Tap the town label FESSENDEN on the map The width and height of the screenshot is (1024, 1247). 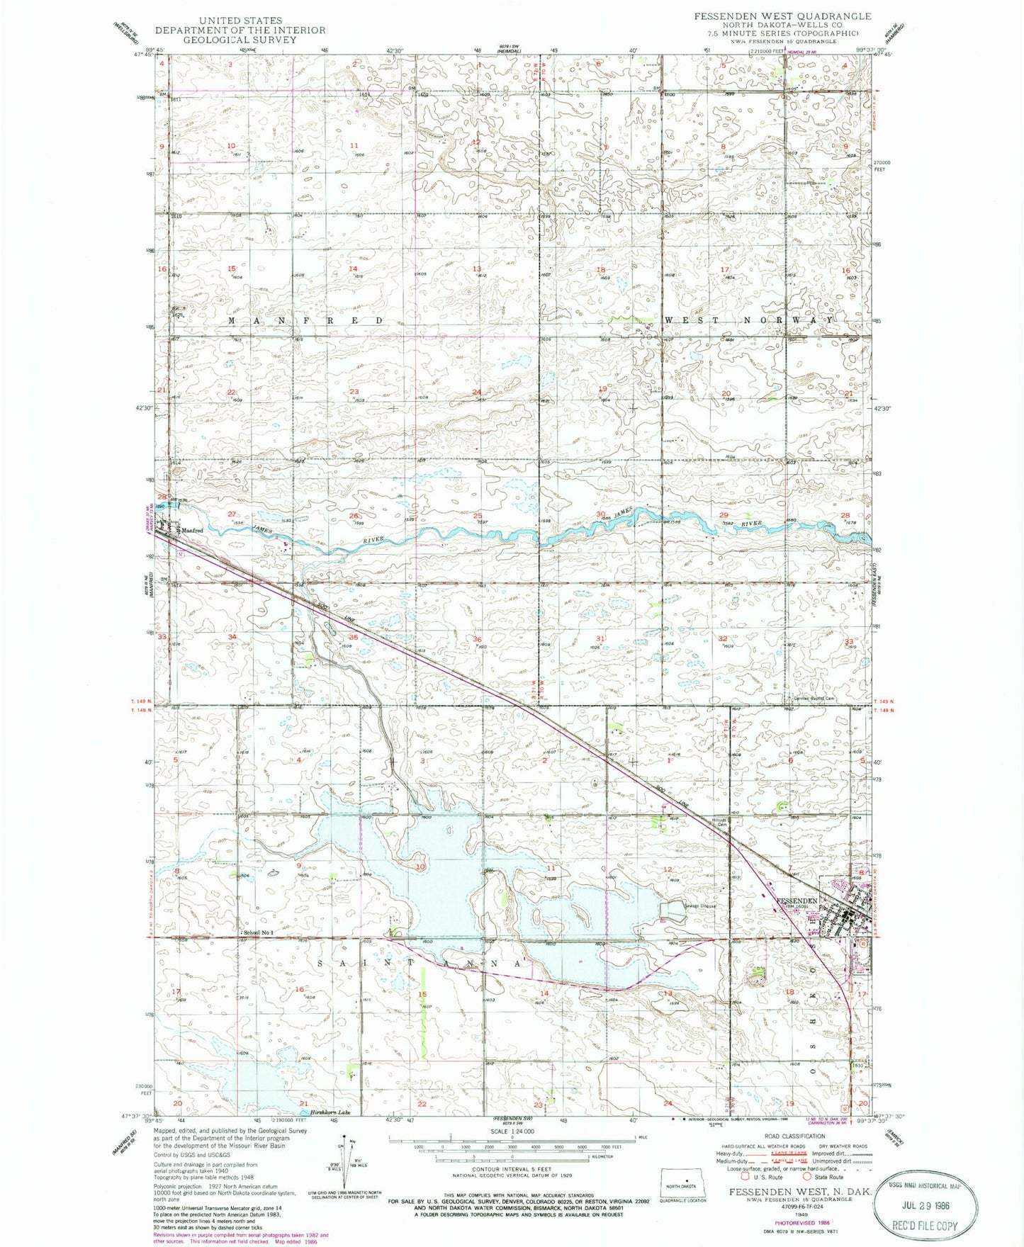pos(797,901)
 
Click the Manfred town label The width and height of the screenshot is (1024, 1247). pos(191,530)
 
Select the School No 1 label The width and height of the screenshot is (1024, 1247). pos(259,932)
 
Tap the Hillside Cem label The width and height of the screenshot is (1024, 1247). pos(721,823)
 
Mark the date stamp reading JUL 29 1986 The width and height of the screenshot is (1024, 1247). pos(921,1206)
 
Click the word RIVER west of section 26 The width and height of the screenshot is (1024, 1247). pos(372,540)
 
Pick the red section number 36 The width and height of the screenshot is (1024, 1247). pos(478,639)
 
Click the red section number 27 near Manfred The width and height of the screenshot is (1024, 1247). pos(232,514)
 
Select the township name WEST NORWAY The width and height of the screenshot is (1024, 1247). pos(748,320)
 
